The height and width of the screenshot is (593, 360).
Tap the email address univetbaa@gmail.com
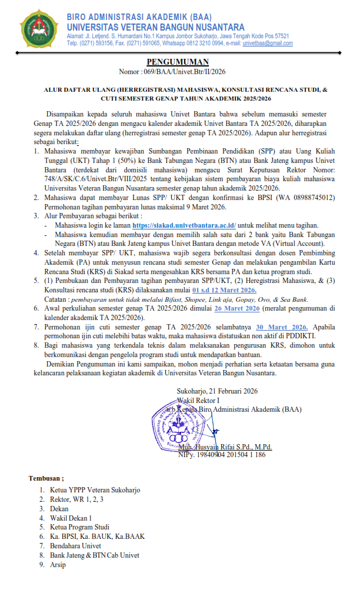[268, 44]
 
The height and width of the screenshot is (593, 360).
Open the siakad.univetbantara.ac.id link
[184, 225]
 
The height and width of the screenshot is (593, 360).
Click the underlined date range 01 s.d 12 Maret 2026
[224, 290]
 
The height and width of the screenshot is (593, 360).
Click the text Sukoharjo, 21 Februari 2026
[216, 391]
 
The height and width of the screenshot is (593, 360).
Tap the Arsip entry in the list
[58, 565]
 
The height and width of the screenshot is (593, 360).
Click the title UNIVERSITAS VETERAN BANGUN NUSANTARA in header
[156, 27]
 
